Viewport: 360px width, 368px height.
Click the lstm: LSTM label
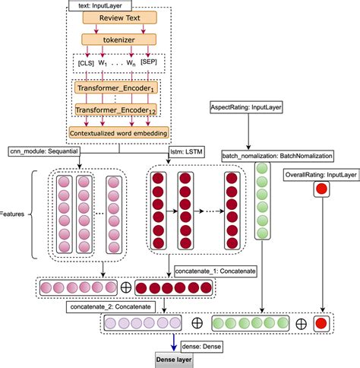pos(188,151)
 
